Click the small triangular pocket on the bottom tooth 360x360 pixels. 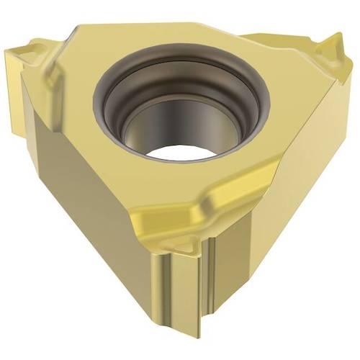[x=185, y=248]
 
